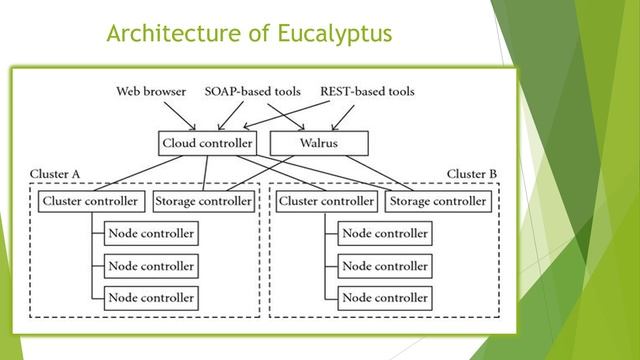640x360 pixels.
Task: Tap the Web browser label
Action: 150,92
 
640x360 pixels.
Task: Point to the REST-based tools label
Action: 367,92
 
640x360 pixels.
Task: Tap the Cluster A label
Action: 55,174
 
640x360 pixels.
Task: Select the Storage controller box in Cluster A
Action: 204,201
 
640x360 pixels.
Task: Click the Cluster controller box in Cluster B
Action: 327,201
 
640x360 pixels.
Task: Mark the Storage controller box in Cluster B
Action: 439,201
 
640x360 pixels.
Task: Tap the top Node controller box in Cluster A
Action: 150,234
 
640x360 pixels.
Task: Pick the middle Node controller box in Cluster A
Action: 150,266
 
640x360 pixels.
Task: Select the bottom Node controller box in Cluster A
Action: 150,297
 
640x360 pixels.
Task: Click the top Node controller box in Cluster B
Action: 385,234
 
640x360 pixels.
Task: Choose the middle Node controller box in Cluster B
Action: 385,266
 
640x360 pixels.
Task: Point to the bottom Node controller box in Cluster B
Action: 385,297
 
